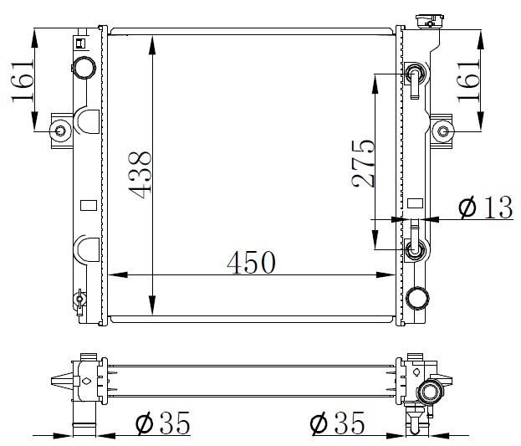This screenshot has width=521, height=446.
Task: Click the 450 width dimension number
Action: (x=251, y=263)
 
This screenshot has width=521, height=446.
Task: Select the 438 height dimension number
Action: (x=140, y=175)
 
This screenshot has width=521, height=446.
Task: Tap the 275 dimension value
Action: (x=363, y=163)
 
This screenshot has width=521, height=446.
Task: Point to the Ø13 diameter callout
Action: (x=486, y=208)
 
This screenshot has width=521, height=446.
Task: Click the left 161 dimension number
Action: (x=23, y=81)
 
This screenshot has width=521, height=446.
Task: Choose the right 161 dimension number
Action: (x=468, y=81)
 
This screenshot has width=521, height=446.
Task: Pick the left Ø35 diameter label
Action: (x=163, y=423)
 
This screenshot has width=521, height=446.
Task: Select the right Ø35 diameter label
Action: (x=337, y=423)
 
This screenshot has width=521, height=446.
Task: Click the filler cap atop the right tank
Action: (x=429, y=22)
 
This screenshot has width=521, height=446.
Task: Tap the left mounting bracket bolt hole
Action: (x=61, y=131)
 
